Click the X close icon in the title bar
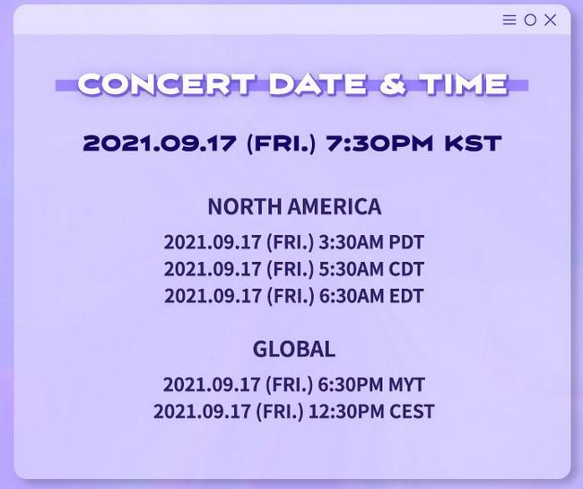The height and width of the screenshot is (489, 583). (x=551, y=20)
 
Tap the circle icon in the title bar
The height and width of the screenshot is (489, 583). (x=530, y=20)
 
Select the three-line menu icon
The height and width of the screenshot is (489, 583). (x=509, y=20)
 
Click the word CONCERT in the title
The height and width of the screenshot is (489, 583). (x=167, y=83)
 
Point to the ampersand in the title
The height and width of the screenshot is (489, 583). (x=392, y=83)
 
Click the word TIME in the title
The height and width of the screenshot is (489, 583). (x=464, y=83)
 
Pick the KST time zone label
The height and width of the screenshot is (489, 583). (x=473, y=144)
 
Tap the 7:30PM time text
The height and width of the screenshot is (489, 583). (x=379, y=144)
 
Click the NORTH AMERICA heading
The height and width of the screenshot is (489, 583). (x=294, y=206)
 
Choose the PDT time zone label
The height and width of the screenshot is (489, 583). (x=406, y=242)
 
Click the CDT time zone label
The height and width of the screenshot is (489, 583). (x=406, y=269)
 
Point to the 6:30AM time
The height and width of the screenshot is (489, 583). (x=351, y=296)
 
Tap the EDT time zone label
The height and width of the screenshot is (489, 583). (x=406, y=296)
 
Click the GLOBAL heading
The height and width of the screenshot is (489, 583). (x=294, y=350)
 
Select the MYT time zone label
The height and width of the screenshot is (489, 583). (x=406, y=385)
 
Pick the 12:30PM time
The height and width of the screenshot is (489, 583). (x=346, y=412)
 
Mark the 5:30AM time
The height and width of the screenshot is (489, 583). (x=351, y=269)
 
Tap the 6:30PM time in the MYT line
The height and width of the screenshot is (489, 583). (x=350, y=385)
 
